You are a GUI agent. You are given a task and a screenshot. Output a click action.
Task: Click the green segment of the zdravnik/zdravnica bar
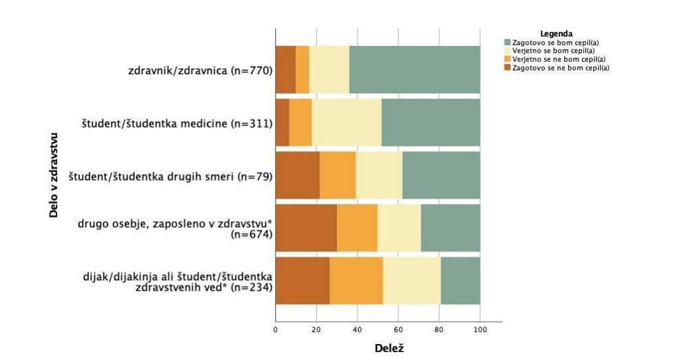pos(415,70)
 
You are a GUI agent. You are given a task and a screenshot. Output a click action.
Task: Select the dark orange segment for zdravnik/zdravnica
pos(285,70)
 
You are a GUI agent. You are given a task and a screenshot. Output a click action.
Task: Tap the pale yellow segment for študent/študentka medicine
pos(346,123)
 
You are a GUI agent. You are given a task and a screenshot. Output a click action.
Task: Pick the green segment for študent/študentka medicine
pos(431,123)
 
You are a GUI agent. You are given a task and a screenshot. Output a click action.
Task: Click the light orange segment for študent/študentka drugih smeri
pos(338,175)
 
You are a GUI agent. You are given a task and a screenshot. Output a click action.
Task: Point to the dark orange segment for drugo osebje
pos(306,228)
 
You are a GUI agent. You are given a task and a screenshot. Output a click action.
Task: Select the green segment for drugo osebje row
pos(450,228)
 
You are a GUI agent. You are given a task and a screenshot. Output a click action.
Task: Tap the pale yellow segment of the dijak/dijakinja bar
pos(411,280)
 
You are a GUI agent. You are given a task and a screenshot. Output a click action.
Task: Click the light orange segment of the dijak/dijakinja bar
pos(356,280)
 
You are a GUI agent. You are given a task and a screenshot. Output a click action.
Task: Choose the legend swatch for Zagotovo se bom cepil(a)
pos(508,43)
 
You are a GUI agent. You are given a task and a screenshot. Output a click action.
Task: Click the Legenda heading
pos(557,33)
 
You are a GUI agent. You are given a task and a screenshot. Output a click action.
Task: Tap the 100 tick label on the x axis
pos(480,329)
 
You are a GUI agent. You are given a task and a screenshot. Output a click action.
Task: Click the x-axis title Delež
pos(389,348)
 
